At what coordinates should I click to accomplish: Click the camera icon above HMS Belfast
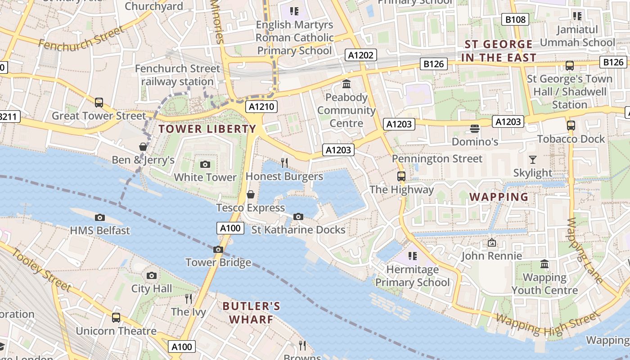[100, 217]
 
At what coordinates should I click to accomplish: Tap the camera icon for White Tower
[205, 164]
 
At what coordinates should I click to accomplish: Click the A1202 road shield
[361, 55]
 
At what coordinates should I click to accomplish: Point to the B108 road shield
[515, 19]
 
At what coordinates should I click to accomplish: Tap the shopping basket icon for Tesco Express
[251, 194]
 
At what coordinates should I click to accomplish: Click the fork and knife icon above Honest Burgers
[284, 163]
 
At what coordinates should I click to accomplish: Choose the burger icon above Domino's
[474, 129]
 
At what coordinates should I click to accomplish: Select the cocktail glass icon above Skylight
[533, 159]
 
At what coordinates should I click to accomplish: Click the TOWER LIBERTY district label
[207, 129]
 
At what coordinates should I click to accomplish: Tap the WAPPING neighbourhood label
[499, 197]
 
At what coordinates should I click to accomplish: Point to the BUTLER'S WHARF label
[251, 313]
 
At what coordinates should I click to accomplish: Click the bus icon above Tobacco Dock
[571, 125]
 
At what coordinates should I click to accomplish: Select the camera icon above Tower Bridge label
[218, 249]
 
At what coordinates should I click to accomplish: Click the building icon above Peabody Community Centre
[346, 84]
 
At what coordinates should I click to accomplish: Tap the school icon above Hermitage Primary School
[412, 256]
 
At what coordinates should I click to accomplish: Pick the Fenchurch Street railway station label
[178, 75]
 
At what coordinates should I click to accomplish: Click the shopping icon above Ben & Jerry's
[143, 147]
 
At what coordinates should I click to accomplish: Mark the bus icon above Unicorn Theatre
[116, 317]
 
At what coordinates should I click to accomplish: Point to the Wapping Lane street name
[585, 250]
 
